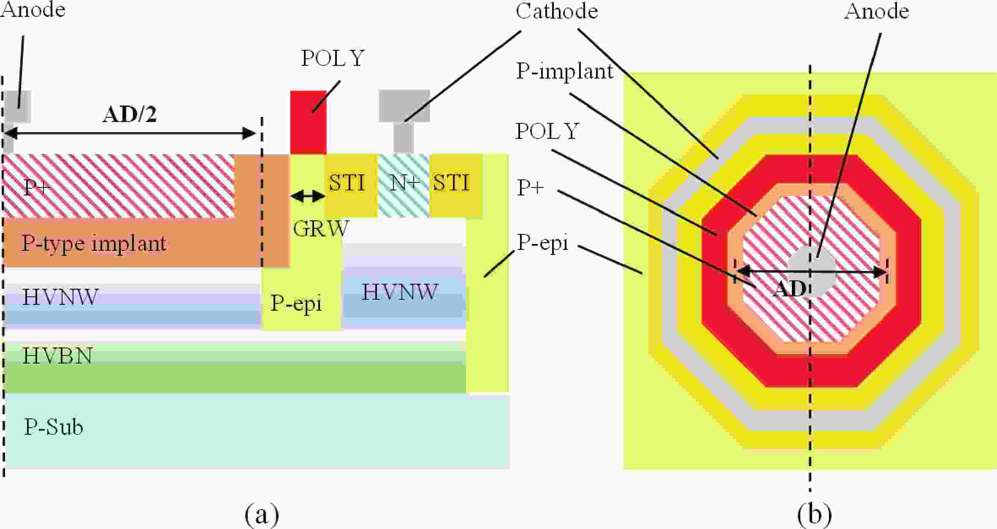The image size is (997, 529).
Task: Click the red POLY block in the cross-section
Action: (x=308, y=122)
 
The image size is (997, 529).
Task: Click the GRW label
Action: (x=321, y=229)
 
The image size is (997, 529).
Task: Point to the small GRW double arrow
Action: (x=308, y=196)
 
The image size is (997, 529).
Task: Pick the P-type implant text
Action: (x=94, y=243)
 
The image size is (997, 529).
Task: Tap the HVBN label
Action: (x=57, y=356)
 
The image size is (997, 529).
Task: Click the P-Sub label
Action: (x=53, y=427)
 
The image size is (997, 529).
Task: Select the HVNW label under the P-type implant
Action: (x=60, y=297)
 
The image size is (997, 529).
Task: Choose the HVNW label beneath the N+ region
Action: (x=400, y=292)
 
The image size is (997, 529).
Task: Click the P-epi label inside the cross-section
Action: (x=296, y=303)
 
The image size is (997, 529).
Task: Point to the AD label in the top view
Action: (x=789, y=290)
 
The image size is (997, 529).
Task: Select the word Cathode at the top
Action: (x=557, y=11)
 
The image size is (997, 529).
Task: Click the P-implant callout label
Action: (x=564, y=71)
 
